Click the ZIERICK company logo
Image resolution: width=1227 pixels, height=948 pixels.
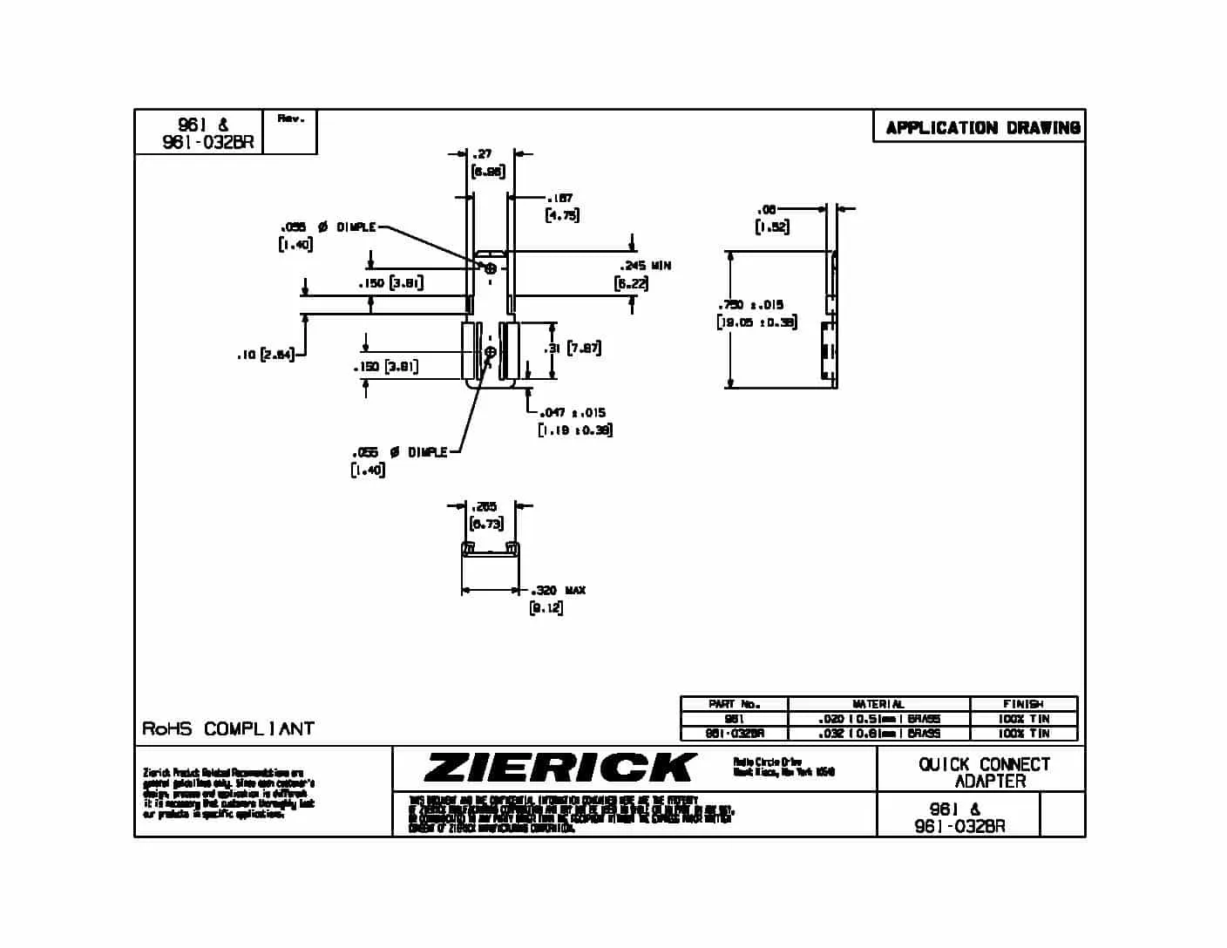[x=560, y=768]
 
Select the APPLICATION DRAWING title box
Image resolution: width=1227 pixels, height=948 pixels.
[x=982, y=127]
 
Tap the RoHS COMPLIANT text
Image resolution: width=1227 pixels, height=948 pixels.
[x=227, y=728]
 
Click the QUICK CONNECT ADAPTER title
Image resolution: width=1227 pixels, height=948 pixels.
[x=984, y=772]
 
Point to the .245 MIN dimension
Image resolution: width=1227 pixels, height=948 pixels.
[x=645, y=266]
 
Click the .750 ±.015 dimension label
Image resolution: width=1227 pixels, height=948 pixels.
[x=750, y=305]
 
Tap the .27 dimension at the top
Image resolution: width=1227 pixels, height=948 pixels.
[x=482, y=154]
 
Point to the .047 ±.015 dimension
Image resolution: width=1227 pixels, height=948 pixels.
[x=573, y=413]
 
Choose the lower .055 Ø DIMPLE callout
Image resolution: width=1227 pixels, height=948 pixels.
[x=400, y=452]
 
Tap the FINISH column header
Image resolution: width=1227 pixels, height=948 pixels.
[x=1023, y=704]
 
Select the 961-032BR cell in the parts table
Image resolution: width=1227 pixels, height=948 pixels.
[x=734, y=734]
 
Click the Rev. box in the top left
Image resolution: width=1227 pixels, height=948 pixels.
[x=290, y=118]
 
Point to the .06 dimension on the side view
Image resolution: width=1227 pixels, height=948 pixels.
[x=767, y=210]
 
